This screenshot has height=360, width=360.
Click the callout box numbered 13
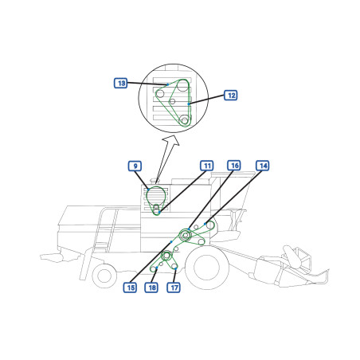point(121,83)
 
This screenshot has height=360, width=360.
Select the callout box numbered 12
point(231,96)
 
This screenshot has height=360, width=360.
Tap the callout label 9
point(135,166)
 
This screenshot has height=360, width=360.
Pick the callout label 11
point(207,166)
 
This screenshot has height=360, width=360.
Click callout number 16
point(234,166)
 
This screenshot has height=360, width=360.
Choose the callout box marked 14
point(263,166)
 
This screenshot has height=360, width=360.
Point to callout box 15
point(131,288)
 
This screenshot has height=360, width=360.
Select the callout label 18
point(151,288)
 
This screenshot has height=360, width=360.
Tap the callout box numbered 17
point(174,288)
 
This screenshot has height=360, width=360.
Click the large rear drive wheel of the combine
point(206,268)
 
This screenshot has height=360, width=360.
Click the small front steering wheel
point(104,276)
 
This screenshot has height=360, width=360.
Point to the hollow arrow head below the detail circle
point(171,140)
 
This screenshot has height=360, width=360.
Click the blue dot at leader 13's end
point(168,84)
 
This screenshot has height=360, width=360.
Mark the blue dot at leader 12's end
point(189,104)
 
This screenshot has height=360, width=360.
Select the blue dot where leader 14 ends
point(205,224)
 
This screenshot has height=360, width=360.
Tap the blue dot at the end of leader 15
point(171,241)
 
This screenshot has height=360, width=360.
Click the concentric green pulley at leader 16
point(186,235)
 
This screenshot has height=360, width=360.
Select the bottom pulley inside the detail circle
point(185,120)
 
